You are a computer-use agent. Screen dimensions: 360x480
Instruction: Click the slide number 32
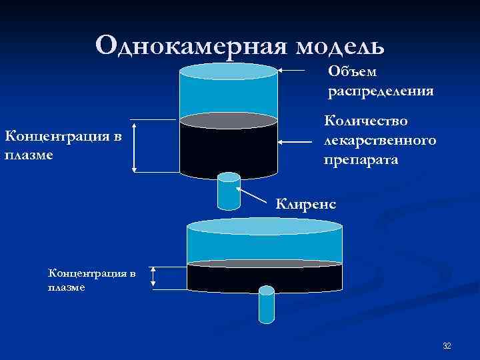pos(447,346)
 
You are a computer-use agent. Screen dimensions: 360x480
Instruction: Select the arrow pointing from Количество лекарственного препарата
pos(296,142)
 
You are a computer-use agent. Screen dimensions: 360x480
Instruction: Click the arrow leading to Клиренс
pos(256,194)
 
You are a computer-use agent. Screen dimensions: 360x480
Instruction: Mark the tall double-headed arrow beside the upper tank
pos(135,147)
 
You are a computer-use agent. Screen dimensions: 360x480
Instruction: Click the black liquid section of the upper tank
pos(229,150)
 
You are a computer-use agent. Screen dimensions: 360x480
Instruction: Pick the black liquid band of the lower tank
pos(265,277)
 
